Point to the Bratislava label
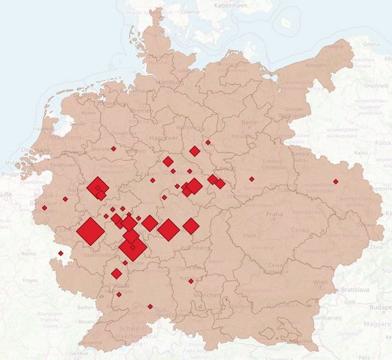[x=359, y=290]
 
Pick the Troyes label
[x=30, y=281]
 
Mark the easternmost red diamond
[x=335, y=181]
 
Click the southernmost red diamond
[x=150, y=306]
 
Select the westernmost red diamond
[x=45, y=208]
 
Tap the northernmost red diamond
[x=208, y=142]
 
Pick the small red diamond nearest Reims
[x=60, y=253]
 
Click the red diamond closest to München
[x=191, y=281]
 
